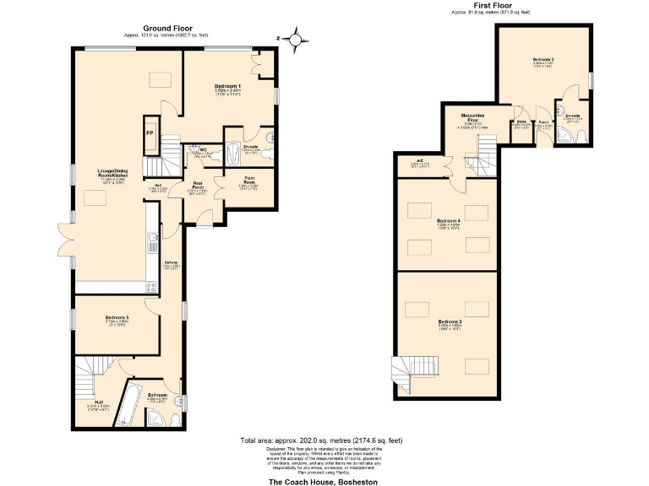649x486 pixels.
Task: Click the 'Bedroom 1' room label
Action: tap(227, 87)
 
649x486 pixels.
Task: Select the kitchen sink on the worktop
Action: tap(152, 245)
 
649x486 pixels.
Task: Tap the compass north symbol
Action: tap(296, 38)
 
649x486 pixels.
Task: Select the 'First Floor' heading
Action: tap(490, 7)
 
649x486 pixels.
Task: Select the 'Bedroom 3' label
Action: tap(450, 321)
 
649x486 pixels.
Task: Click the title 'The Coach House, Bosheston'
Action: tap(322, 481)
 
